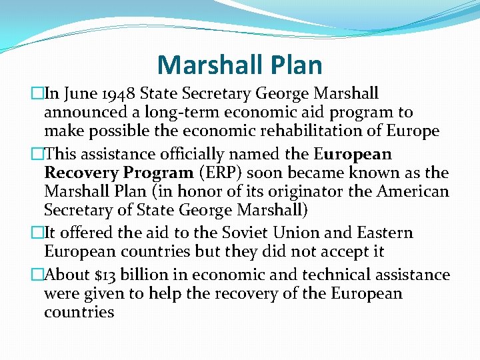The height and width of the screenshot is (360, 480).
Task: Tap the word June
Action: coord(76,94)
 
